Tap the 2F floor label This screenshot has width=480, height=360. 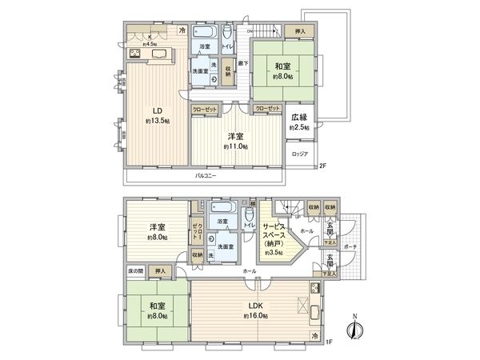click(x=323, y=166)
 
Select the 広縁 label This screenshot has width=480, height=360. click(x=299, y=117)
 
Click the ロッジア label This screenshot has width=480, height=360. click(x=299, y=154)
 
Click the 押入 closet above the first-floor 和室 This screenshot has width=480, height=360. click(x=161, y=272)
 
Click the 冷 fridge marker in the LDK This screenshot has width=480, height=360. click(x=314, y=334)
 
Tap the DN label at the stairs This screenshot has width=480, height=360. click(x=250, y=30)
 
